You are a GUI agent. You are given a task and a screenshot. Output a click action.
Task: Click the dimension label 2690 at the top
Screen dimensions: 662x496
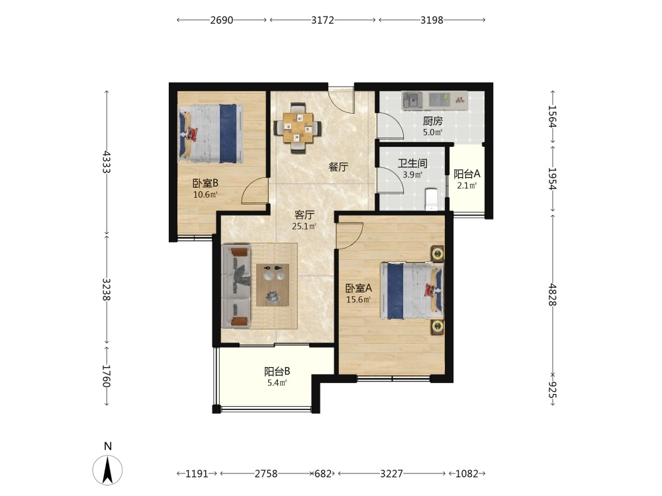(x=222, y=20)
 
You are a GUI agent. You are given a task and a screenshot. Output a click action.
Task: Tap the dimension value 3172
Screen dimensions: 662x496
(x=322, y=20)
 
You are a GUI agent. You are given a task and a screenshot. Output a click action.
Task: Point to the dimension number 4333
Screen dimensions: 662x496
(x=107, y=162)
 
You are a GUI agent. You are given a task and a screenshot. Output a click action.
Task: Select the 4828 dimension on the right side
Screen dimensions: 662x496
(x=553, y=294)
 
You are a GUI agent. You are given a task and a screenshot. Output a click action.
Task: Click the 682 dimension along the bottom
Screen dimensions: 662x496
(x=323, y=474)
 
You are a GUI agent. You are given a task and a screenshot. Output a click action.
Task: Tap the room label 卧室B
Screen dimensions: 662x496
(x=206, y=183)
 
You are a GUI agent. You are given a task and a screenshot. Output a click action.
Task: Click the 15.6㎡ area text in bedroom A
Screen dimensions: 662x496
(x=358, y=300)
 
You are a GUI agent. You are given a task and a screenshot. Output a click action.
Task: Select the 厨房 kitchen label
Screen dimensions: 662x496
(x=433, y=122)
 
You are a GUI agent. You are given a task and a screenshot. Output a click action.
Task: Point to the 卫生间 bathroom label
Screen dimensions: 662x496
(x=412, y=163)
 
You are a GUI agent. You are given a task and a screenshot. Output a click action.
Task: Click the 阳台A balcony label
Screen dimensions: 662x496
(x=467, y=174)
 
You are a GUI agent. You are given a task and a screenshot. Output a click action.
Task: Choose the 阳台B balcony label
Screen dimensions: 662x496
(x=277, y=372)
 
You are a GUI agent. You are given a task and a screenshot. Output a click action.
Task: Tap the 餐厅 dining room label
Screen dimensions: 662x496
(x=338, y=167)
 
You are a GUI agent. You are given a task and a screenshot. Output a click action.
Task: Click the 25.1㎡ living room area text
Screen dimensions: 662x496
(x=304, y=226)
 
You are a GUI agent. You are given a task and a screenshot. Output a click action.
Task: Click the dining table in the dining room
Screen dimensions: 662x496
(x=298, y=128)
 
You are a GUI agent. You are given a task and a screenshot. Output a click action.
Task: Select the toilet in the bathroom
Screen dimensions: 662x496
(x=431, y=199)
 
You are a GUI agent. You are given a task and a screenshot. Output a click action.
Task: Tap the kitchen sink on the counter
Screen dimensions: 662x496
(x=412, y=101)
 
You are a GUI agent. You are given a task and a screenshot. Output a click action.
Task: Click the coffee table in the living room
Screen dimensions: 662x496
(x=273, y=285)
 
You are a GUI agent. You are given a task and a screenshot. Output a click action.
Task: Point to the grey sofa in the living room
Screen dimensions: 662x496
(x=236, y=286)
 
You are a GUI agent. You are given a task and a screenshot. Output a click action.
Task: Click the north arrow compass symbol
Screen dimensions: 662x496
(x=108, y=470)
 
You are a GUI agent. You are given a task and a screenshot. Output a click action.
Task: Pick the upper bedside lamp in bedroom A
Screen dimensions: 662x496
(x=438, y=254)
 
